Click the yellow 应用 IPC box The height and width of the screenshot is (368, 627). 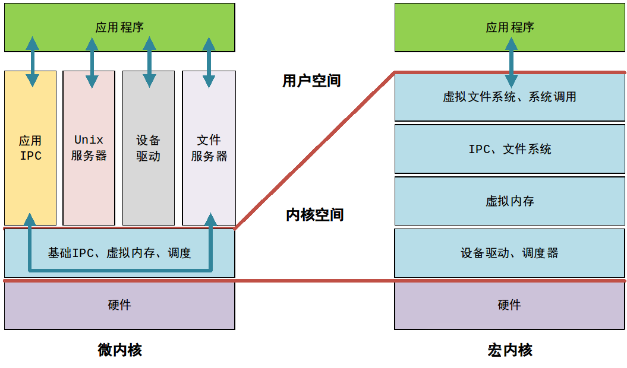click(x=30, y=148)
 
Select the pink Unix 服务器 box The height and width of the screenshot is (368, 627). click(x=89, y=148)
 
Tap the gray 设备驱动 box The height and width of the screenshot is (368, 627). click(x=148, y=148)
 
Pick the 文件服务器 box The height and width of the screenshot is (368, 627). click(x=209, y=148)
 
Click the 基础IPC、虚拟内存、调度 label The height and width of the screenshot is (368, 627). click(x=119, y=253)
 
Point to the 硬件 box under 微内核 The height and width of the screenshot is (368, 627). click(x=119, y=305)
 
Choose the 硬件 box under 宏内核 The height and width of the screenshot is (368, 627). click(x=509, y=305)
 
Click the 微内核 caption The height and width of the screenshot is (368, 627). click(x=119, y=350)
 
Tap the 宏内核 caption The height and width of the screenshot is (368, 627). click(x=509, y=350)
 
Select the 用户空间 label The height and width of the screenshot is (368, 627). click(x=311, y=81)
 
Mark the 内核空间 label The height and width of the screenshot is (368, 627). click(x=314, y=215)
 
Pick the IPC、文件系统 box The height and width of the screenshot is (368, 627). click(x=509, y=149)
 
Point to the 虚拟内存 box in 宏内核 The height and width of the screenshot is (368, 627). click(x=509, y=201)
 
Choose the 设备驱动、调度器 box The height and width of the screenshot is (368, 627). click(x=509, y=253)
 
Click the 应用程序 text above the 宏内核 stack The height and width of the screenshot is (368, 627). click(x=509, y=27)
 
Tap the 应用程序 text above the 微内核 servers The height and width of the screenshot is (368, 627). click(x=119, y=27)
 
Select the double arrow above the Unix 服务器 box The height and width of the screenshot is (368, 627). click(x=92, y=63)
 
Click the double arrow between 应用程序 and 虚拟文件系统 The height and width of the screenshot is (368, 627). click(x=511, y=62)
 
